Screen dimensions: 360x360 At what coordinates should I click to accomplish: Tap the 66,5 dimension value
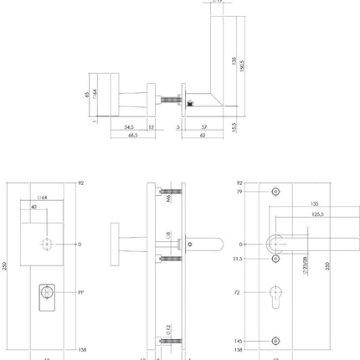(x=132, y=136)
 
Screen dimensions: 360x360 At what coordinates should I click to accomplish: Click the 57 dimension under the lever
(x=205, y=127)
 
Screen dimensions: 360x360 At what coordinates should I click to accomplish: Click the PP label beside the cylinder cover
(x=81, y=294)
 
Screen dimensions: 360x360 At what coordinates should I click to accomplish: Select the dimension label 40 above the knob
(x=33, y=206)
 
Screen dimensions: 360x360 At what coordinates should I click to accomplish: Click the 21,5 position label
(x=238, y=259)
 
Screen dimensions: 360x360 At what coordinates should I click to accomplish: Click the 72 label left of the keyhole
(x=239, y=294)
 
